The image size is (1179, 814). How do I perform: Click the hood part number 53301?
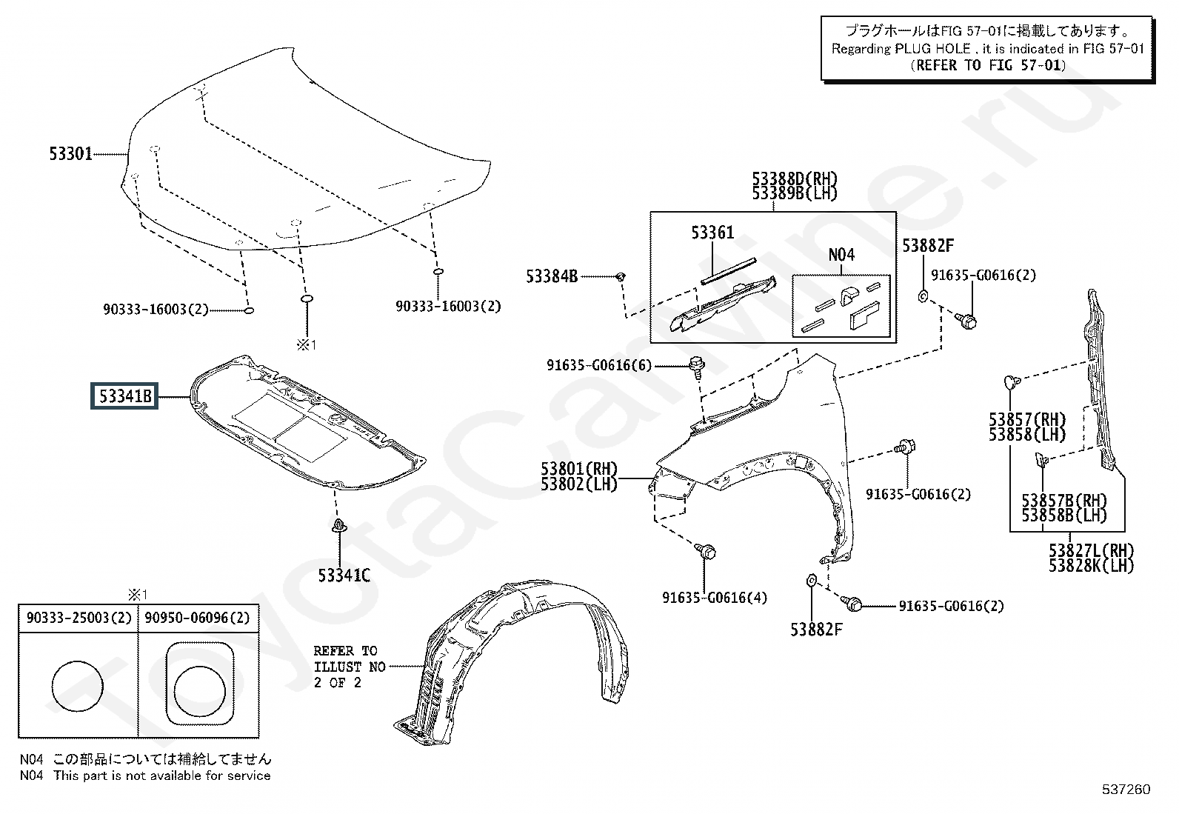point(70,154)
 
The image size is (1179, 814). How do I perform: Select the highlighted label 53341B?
point(124,396)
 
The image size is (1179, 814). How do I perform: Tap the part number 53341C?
point(344,576)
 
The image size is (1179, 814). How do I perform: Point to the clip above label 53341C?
point(339,525)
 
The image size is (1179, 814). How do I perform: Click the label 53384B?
point(552,276)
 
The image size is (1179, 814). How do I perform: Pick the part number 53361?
point(712,232)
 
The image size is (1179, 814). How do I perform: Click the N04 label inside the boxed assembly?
point(841,255)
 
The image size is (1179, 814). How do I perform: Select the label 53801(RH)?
point(579,468)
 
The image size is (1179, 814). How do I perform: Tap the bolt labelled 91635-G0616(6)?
point(696,365)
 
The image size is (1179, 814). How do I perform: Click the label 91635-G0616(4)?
point(714,598)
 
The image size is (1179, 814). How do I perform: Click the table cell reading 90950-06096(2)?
point(198,618)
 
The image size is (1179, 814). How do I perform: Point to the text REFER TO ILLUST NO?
point(350,658)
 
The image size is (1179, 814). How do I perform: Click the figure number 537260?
point(1126,790)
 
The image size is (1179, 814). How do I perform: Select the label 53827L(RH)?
point(1091,551)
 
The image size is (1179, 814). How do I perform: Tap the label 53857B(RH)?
point(1063,500)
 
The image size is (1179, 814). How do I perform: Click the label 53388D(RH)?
point(794,179)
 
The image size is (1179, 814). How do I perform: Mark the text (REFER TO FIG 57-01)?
point(988,64)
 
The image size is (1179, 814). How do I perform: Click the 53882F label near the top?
point(927,246)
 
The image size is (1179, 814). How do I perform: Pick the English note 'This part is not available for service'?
point(162,775)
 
